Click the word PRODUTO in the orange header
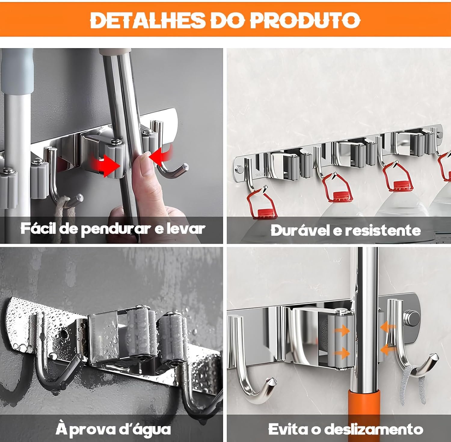click(305, 20)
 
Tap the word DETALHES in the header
click(147, 20)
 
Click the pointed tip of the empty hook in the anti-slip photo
click(273, 380)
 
